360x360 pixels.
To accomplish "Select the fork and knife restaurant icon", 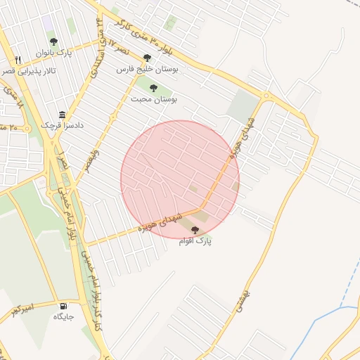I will click(x=18, y=60).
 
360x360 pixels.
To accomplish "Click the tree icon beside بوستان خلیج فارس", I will click(x=147, y=58).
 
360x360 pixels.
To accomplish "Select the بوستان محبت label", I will click(x=154, y=100).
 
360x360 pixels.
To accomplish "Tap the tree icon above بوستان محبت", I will click(x=153, y=88).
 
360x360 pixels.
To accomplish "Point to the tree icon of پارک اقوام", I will click(x=195, y=230).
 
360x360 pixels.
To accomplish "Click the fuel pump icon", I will click(x=64, y=306).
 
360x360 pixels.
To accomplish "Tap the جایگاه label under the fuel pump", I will click(x=64, y=317).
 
